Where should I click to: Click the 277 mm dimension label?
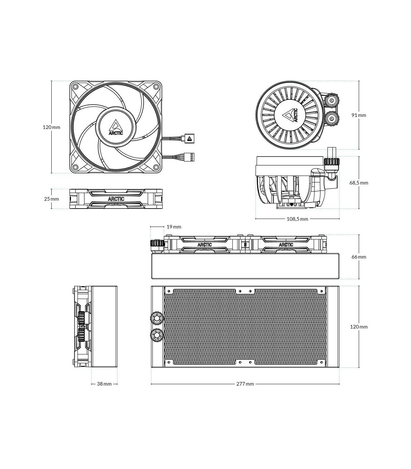[245, 384]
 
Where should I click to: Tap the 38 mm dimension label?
[104, 384]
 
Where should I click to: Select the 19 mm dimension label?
[174, 227]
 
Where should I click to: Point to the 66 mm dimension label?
[359, 257]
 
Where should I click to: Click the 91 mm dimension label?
[359, 115]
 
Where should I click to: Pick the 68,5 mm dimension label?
[359, 183]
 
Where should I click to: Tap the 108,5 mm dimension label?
[297, 219]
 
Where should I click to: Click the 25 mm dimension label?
[51, 199]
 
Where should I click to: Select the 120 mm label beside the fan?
[51, 127]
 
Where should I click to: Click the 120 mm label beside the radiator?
[359, 327]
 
